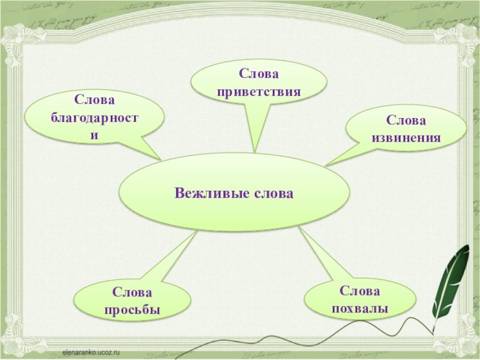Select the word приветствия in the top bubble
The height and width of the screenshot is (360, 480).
tap(259, 92)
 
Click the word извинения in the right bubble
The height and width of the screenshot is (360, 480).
tap(406, 138)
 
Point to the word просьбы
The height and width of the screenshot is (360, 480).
tap(132, 310)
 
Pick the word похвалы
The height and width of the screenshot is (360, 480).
tap(360, 308)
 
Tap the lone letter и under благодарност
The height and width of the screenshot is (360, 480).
tap(94, 134)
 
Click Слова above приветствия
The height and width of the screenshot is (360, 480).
tap(259, 74)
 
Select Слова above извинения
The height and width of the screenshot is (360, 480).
tap(406, 121)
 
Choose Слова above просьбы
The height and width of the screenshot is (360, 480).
tap(132, 293)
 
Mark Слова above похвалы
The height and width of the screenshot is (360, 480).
tap(360, 291)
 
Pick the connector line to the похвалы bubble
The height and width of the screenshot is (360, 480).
tap(318, 255)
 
